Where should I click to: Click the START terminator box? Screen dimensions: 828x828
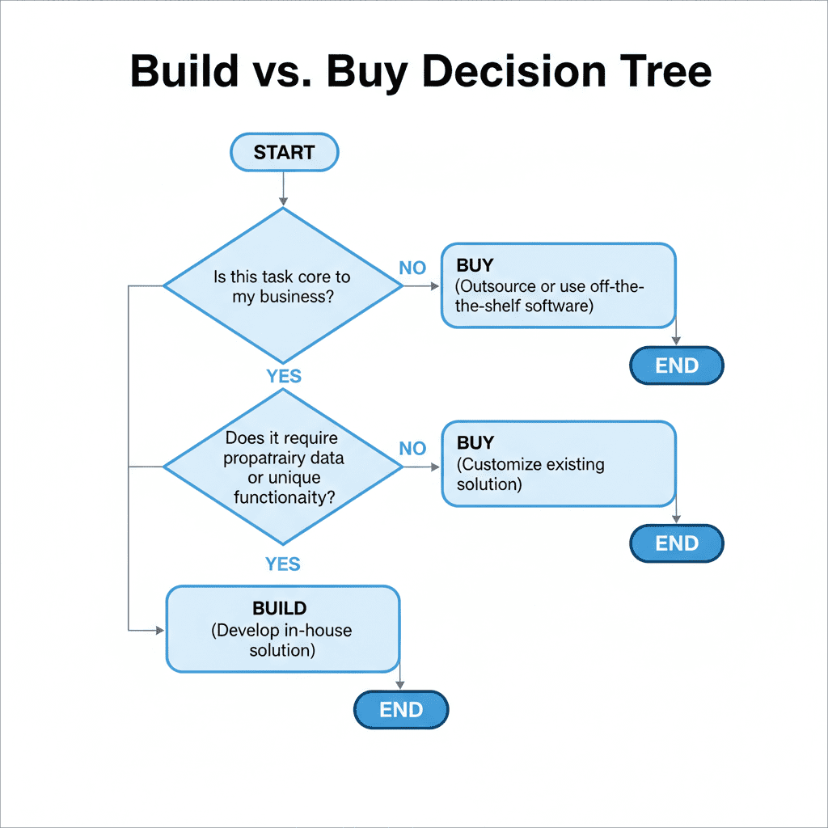(284, 153)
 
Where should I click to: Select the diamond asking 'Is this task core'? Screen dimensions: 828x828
(282, 286)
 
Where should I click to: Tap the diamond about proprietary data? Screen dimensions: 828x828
(282, 467)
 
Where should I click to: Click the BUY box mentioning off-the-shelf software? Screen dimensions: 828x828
(558, 286)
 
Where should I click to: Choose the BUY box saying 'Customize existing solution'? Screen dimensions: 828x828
(558, 463)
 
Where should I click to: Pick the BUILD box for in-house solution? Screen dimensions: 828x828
(282, 629)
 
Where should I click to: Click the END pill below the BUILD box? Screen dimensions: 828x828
(401, 710)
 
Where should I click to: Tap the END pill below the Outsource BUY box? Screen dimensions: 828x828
(676, 365)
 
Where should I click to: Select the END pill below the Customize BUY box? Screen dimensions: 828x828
(676, 543)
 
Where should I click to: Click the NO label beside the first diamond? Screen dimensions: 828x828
(412, 268)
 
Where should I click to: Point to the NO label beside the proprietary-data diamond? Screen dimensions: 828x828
(412, 449)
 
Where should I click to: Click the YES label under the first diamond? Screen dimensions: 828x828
(283, 376)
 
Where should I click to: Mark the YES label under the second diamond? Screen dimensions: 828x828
(283, 564)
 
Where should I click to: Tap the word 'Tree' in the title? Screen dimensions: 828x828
(663, 72)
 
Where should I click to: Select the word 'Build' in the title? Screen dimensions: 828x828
(183, 72)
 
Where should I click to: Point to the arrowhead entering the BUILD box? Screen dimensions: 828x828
(159, 629)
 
